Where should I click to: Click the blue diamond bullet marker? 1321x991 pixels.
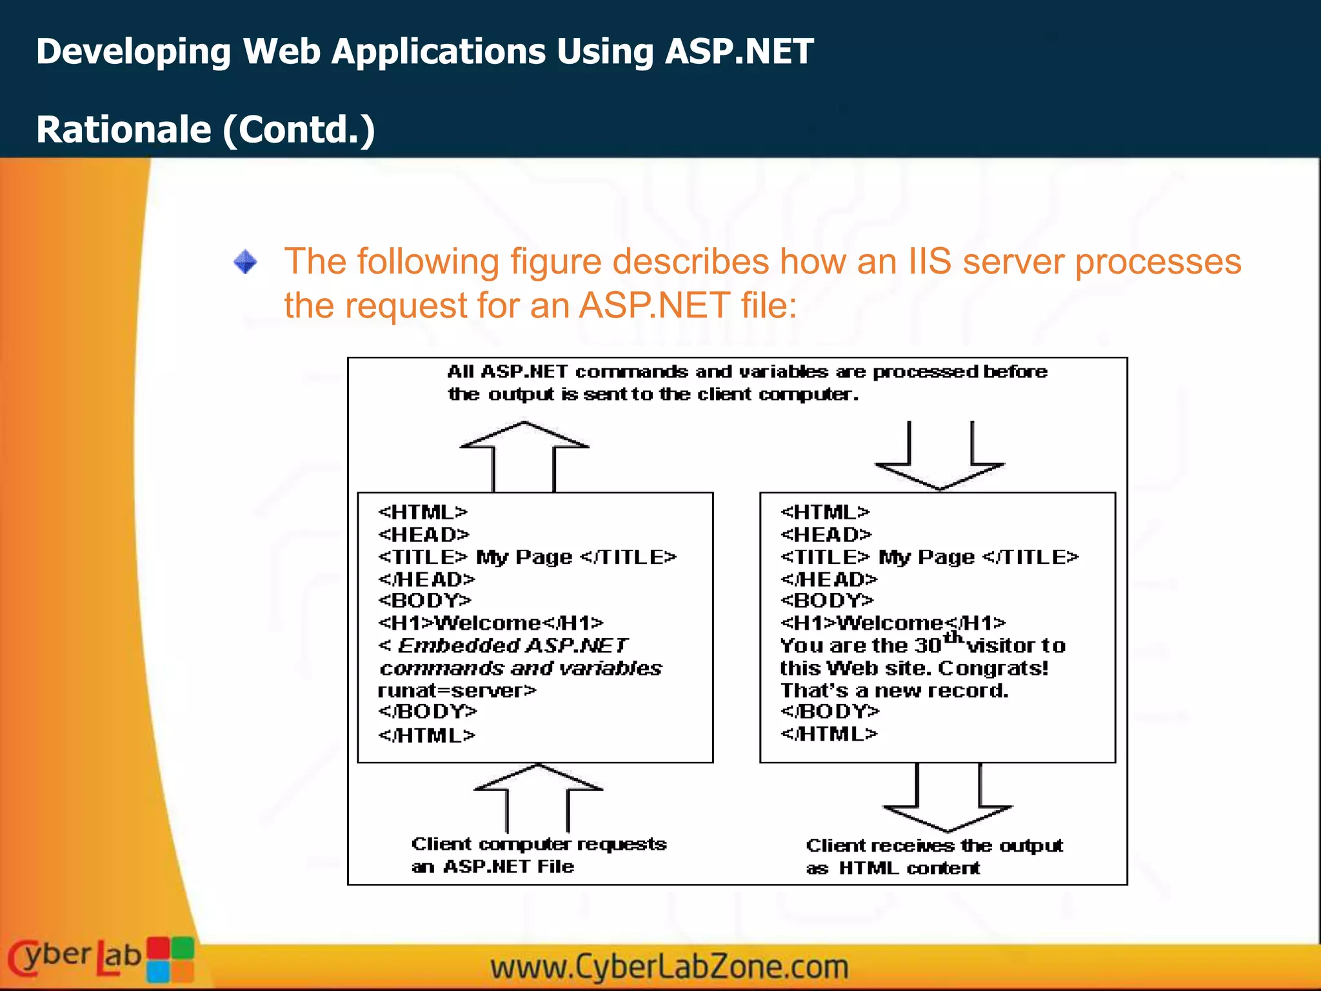[x=245, y=262]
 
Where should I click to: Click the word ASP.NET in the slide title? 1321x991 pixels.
[x=739, y=52]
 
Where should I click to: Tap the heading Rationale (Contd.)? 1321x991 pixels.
[x=205, y=129]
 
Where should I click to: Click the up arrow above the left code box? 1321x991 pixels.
[x=524, y=455]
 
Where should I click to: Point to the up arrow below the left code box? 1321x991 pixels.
[x=537, y=797]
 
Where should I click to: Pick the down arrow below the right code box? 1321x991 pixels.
[x=948, y=800]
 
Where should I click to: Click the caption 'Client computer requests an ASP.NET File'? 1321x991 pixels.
[x=539, y=855]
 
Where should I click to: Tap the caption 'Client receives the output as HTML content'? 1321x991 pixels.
[x=934, y=856]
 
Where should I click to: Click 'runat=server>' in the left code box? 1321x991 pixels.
[x=457, y=690]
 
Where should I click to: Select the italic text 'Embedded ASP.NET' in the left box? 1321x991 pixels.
[x=513, y=645]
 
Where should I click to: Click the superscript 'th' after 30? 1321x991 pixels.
[x=953, y=638]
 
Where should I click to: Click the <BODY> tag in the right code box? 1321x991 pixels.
[x=826, y=601]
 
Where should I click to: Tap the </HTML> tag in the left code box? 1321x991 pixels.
[x=426, y=735]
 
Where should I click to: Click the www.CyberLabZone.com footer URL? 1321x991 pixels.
[x=669, y=966]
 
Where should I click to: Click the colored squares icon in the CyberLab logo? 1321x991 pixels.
[x=170, y=959]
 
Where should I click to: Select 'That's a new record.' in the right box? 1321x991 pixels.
[x=894, y=690]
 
